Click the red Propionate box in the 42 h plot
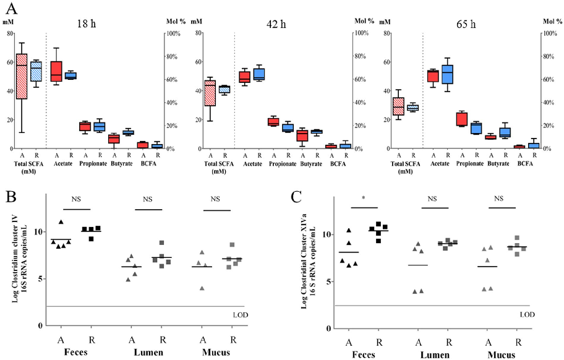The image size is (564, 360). pos(255,121)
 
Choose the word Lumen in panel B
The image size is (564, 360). pos(146,353)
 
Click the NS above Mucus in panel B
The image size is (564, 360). pos(215,199)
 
